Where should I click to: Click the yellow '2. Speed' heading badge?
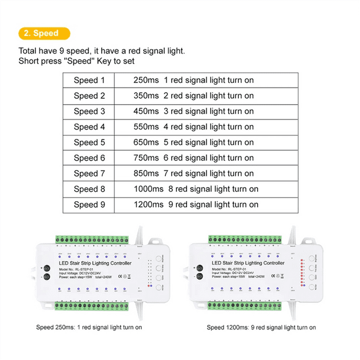pos(45,33)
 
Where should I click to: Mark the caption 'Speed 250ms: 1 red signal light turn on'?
pos(89,327)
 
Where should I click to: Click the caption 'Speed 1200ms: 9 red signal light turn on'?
pos(261,327)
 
